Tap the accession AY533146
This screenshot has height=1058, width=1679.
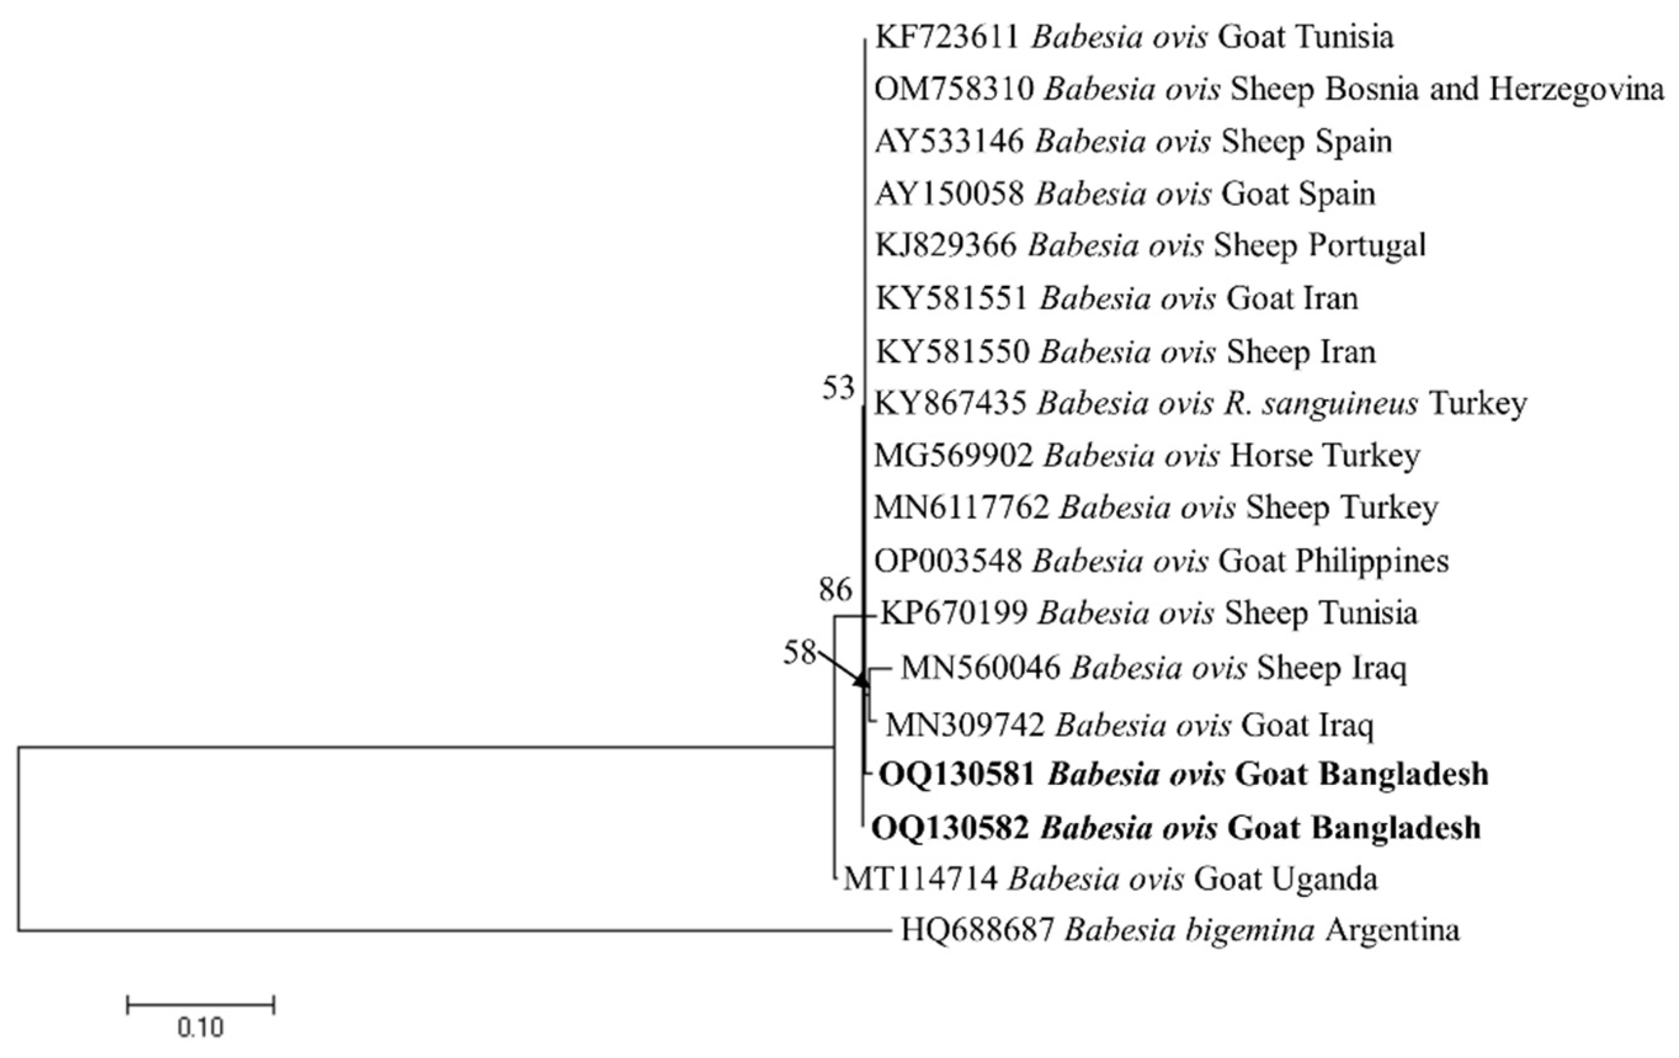tap(949, 141)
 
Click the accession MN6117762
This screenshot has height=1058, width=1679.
tap(961, 507)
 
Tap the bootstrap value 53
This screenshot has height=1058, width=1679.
tap(838, 388)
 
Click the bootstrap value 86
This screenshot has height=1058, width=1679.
tap(835, 591)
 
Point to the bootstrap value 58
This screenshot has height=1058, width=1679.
tap(799, 653)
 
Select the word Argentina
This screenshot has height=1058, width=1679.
tap(1392, 931)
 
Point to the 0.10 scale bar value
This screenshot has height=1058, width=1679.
tap(200, 1028)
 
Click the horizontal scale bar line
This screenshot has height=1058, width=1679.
tap(201, 1004)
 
